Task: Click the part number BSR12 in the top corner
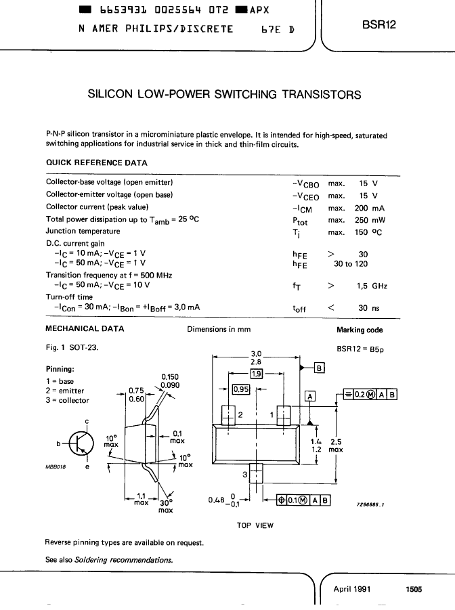point(378,24)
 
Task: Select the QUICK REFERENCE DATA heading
point(97,163)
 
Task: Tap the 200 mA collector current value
point(370,208)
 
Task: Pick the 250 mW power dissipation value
point(370,220)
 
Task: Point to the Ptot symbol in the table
point(300,221)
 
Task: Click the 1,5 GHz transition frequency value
point(372,286)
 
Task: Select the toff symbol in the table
point(299,309)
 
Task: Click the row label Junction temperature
point(83,231)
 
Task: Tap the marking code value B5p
point(376,349)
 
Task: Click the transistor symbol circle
point(81,443)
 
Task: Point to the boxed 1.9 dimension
point(257,374)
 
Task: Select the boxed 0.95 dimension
point(241,389)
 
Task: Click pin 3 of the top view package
point(256,473)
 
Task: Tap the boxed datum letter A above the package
point(310,397)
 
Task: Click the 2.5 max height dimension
point(336,446)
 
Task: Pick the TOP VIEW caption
point(255,525)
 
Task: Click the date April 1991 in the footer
point(352,589)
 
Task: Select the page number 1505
point(414,590)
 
